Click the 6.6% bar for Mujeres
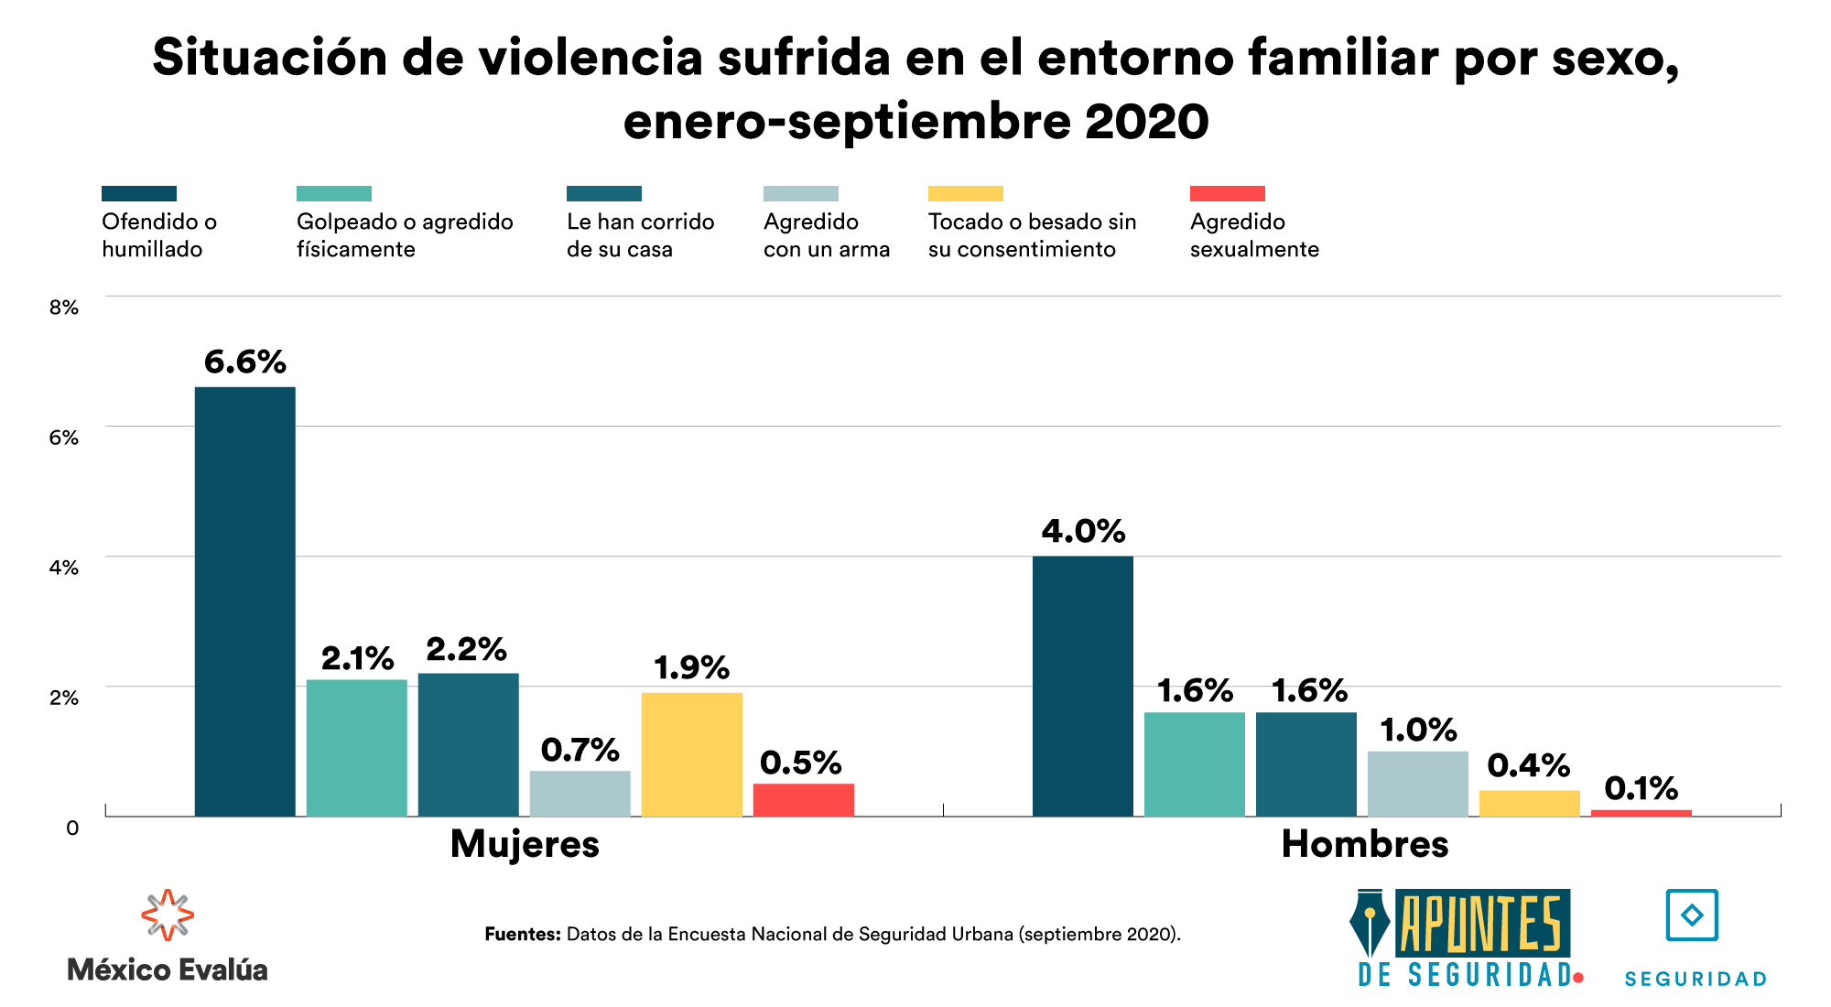pyautogui.click(x=244, y=601)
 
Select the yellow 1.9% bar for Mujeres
pyautogui.click(x=691, y=754)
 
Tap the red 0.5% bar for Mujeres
pyautogui.click(x=803, y=800)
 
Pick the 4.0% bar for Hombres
pyautogui.click(x=1082, y=686)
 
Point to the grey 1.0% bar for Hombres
pyautogui.click(x=1417, y=784)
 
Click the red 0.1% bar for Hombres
pyautogui.click(x=1641, y=813)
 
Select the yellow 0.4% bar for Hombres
pyautogui.click(x=1529, y=803)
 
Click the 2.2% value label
pyautogui.click(x=466, y=650)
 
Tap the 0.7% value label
pyautogui.click(x=580, y=750)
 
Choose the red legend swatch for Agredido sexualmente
pyautogui.click(x=1227, y=193)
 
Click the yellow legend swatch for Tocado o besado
pyautogui.click(x=965, y=193)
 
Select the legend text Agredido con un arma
pyautogui.click(x=826, y=235)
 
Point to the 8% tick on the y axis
pyautogui.click(x=64, y=308)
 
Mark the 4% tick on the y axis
pyautogui.click(x=64, y=568)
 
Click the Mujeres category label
pyautogui.click(x=525, y=844)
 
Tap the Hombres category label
pyautogui.click(x=1364, y=844)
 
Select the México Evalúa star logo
pyautogui.click(x=168, y=915)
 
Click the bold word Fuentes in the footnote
pyautogui.click(x=522, y=935)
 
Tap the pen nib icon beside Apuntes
pyautogui.click(x=1370, y=925)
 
